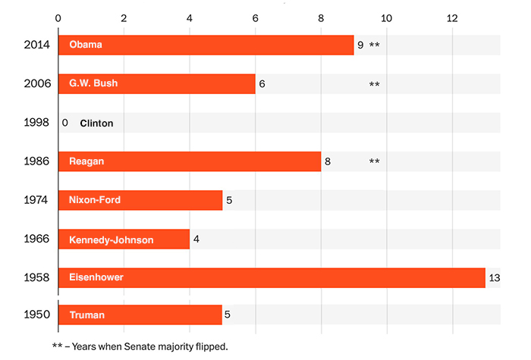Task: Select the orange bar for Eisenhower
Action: (272, 277)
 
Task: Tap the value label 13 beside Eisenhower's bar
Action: (495, 278)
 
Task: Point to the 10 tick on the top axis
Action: (386, 17)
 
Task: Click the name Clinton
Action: (96, 123)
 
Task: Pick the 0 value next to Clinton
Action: (65, 123)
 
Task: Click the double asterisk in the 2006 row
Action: (374, 84)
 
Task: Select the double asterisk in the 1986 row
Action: (374, 161)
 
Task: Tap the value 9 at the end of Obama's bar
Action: (360, 45)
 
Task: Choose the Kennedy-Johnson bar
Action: (124, 239)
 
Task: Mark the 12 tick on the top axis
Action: (452, 17)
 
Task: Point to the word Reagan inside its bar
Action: (86, 161)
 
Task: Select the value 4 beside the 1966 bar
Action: (196, 239)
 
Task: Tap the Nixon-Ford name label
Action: (95, 200)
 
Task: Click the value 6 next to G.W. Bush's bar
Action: (262, 84)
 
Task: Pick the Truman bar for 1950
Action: (140, 315)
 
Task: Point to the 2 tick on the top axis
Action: (124, 17)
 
